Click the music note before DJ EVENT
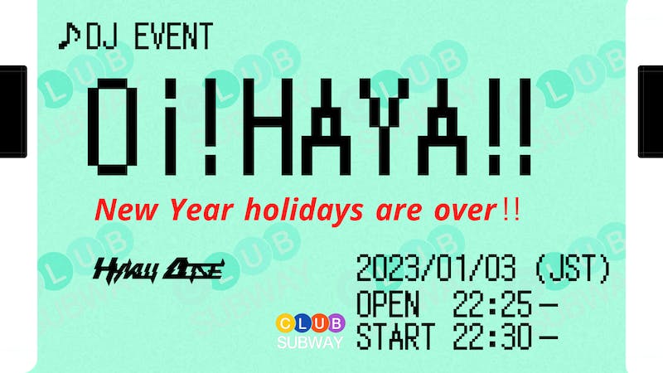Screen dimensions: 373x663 point(70,36)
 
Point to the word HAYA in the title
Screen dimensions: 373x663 point(364,128)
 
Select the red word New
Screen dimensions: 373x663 point(125,211)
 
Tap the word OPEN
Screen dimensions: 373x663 point(387,305)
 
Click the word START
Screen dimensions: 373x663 point(395,337)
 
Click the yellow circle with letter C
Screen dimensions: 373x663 point(285,323)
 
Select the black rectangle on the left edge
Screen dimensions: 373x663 point(12,111)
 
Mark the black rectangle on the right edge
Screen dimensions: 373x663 point(651,111)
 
